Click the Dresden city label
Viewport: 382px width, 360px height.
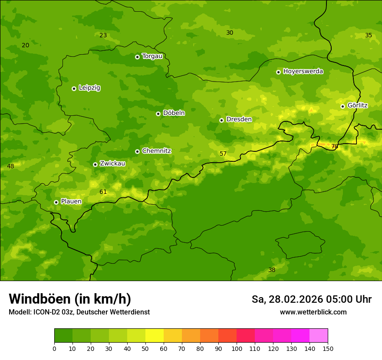pos(239,119)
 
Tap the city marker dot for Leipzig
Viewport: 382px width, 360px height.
pos(74,88)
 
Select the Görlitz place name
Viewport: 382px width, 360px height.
pos(357,105)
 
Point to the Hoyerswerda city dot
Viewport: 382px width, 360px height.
pos(278,72)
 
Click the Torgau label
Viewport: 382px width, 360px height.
pos(152,56)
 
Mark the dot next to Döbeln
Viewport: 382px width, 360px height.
pos(158,114)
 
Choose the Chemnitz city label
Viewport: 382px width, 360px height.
pos(156,151)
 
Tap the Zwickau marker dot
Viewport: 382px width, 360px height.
pos(95,164)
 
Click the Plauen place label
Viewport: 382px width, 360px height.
pos(71,202)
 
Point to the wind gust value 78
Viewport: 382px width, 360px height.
pos(335,147)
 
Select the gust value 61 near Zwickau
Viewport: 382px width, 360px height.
pos(103,192)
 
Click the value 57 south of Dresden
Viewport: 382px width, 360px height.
pos(223,154)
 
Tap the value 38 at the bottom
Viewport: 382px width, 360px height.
pos(272,270)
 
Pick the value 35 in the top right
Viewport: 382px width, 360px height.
pos(369,36)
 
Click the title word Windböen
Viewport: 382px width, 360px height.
pos(39,299)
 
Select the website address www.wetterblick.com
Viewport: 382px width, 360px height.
pos(313,312)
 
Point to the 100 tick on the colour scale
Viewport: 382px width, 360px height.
pos(237,348)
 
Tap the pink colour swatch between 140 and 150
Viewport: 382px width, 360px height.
pos(319,336)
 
